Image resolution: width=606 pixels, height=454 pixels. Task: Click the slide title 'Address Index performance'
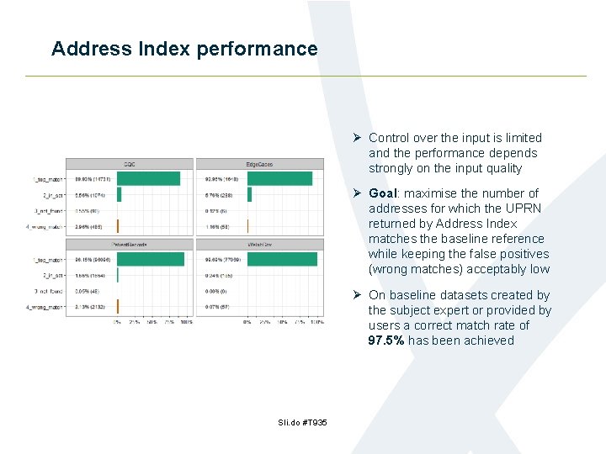tap(184, 49)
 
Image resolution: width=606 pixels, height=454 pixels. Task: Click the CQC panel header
tap(130, 164)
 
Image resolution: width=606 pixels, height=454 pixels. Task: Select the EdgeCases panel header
tap(259, 164)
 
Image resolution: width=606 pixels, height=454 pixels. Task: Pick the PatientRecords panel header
tap(130, 245)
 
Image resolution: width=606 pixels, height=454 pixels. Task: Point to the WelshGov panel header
tap(259, 245)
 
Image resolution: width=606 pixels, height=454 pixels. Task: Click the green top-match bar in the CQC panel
tap(148, 178)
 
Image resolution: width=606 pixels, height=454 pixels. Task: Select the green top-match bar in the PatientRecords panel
tap(152, 260)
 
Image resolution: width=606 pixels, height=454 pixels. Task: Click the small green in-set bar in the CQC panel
tap(119, 194)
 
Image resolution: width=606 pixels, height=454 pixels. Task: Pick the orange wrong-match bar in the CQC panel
tap(118, 225)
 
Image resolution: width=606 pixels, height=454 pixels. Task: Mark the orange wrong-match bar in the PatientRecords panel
tap(118, 306)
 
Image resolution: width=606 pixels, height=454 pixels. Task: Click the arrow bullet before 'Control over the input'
tap(357, 138)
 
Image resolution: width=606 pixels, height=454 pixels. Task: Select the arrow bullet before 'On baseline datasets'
tap(357, 295)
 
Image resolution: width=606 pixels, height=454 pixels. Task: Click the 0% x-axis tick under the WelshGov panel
tap(247, 322)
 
